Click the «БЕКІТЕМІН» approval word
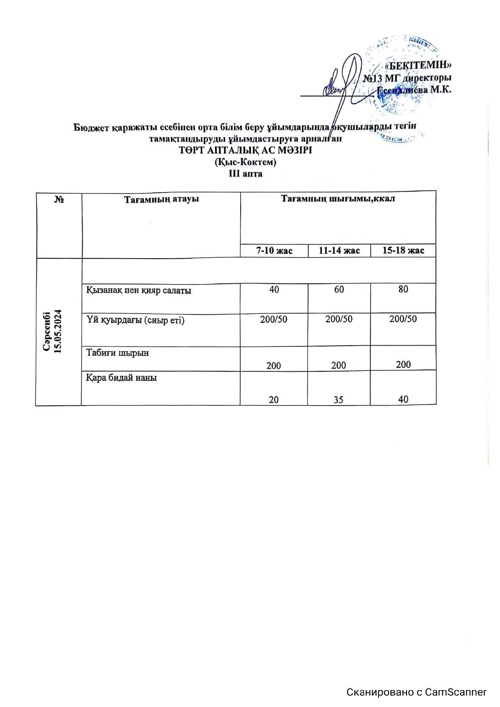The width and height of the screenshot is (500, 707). pos(418,65)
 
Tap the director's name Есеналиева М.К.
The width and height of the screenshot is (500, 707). pos(414,90)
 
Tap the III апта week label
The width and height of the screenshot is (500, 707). pos(246,174)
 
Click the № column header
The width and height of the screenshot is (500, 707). pos(59,199)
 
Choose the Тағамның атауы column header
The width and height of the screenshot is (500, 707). pos(161,199)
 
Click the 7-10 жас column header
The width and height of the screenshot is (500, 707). pos(274,251)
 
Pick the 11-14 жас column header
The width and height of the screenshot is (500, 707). pos(339,251)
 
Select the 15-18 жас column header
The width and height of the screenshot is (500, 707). pos(403,251)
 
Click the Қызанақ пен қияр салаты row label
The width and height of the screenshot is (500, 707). pos(139,290)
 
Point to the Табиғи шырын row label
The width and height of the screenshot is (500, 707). pos(117,352)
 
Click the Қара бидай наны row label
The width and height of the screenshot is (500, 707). pos(121,378)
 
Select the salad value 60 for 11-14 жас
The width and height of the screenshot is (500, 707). pos(339,289)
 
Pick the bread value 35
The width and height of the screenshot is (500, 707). pos(339,400)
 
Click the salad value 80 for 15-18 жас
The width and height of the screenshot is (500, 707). pos(403,289)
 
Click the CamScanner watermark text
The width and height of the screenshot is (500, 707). pos(417,692)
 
